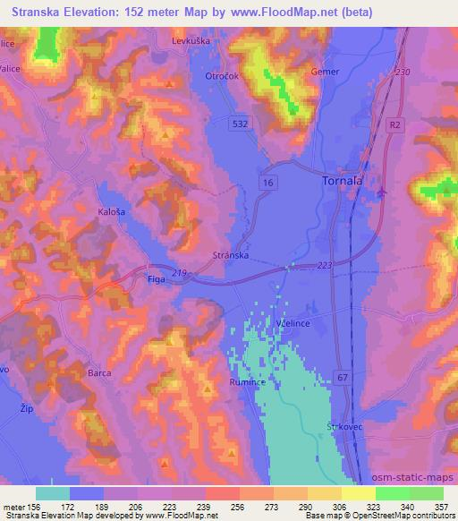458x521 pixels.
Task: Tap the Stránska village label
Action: point(230,255)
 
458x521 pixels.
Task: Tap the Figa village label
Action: point(155,280)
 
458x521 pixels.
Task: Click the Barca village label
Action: point(99,376)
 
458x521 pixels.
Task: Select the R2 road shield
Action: point(395,128)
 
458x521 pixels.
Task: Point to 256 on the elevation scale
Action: point(237,507)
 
